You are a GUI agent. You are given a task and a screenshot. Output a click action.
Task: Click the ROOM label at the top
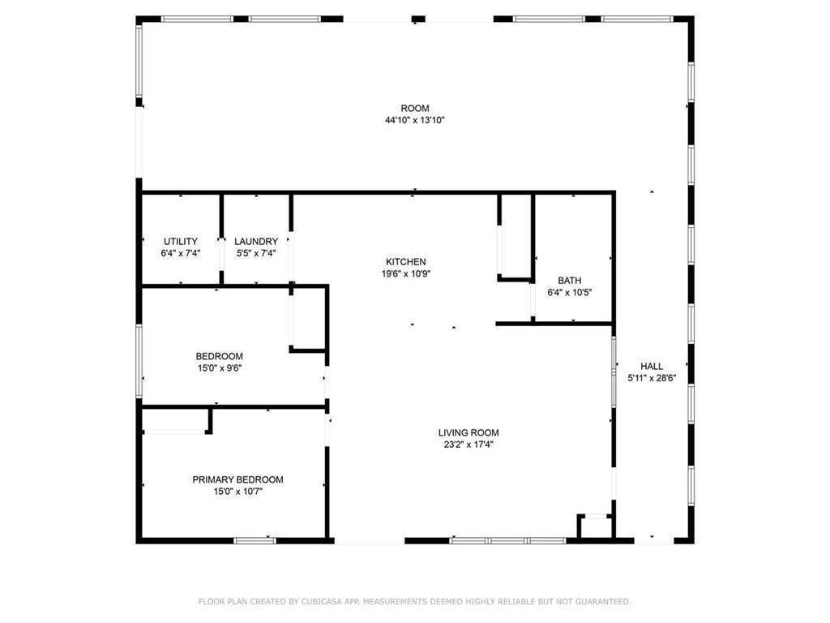(414, 109)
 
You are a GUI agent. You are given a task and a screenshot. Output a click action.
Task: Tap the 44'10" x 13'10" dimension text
(414, 120)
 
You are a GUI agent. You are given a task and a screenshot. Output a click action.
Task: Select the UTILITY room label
(180, 242)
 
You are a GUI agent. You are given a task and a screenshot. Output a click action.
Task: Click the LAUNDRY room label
(256, 242)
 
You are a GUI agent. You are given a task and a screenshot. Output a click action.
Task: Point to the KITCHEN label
(405, 262)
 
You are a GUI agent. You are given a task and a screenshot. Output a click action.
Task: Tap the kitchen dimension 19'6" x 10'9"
(405, 273)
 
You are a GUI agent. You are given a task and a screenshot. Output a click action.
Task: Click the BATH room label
(569, 281)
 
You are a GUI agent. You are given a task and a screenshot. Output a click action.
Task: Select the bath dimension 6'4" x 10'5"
(569, 292)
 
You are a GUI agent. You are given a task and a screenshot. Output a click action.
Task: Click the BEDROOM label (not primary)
(219, 356)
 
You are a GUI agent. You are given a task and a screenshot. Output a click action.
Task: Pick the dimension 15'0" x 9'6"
(219, 367)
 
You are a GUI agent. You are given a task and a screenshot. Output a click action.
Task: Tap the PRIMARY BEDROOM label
(237, 479)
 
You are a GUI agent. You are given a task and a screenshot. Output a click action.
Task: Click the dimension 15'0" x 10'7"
(237, 491)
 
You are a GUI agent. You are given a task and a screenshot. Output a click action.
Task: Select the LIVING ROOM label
(468, 432)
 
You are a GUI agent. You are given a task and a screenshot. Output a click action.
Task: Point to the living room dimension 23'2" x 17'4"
(468, 444)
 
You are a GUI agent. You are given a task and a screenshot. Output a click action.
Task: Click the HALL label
(652, 367)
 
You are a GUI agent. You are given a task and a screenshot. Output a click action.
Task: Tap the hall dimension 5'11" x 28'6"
(652, 378)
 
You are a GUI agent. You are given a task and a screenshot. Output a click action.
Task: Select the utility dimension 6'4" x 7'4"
(180, 253)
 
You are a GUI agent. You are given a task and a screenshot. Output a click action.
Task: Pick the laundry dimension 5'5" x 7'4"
(256, 253)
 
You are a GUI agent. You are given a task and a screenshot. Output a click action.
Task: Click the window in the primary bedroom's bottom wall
(255, 540)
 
